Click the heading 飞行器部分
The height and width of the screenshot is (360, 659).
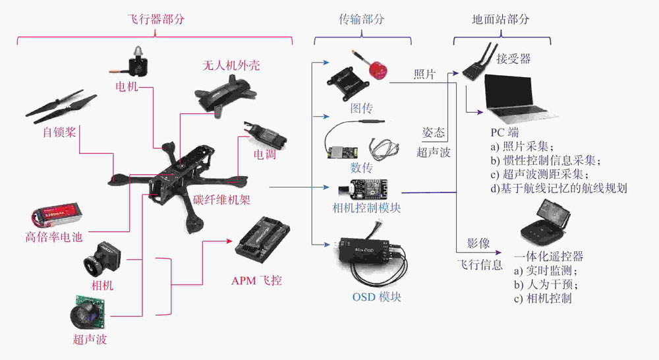154,19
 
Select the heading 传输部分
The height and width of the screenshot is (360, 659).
361,19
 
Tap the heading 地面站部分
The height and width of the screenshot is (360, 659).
500,19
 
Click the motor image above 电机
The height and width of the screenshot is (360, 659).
138,63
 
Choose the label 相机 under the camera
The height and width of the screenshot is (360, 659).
102,285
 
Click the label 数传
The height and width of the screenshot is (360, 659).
361,167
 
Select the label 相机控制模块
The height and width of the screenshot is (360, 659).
367,208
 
